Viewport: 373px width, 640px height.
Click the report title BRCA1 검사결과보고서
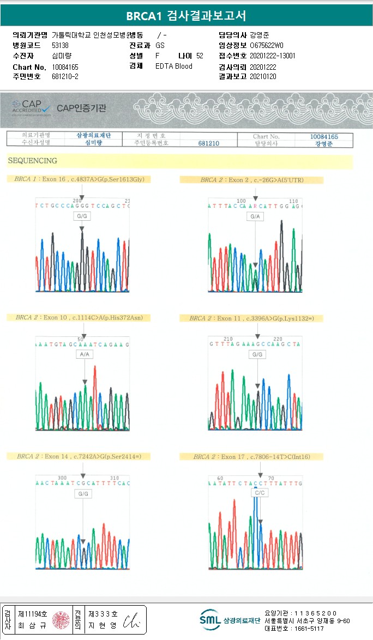[186, 15]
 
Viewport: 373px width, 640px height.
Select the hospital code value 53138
[60, 45]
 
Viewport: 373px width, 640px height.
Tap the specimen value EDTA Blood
[174, 66]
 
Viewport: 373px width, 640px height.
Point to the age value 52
[200, 56]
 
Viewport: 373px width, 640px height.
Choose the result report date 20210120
[263, 76]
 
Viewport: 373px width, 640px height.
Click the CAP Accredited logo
[31, 106]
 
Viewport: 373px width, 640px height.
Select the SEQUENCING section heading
[33, 161]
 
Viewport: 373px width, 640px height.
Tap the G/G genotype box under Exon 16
[81, 216]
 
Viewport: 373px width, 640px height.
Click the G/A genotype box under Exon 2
[255, 216]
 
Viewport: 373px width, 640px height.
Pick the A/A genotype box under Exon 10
[84, 354]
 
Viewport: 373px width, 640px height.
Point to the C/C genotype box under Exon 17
[260, 493]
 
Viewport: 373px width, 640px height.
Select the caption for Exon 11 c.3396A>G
[256, 318]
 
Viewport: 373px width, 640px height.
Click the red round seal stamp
[61, 620]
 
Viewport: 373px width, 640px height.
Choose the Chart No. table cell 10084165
[324, 136]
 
